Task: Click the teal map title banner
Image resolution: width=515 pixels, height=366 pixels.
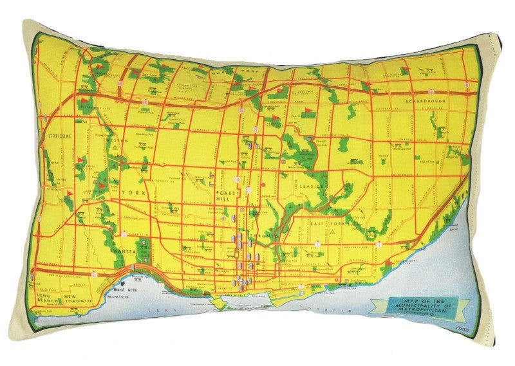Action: coord(421,306)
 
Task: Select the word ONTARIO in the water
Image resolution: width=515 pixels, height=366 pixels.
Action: coord(322,310)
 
